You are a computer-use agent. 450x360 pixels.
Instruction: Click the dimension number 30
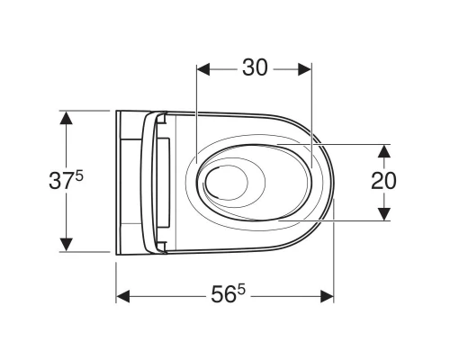pos(255,67)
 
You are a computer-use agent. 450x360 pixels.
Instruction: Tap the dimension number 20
pos(383,181)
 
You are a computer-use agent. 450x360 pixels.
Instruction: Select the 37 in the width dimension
pos(61,181)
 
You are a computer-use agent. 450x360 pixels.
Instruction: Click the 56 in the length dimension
pos(223,294)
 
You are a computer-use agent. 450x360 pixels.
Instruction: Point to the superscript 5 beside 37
pos(79,176)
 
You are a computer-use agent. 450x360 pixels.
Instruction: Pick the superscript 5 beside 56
pos(241,290)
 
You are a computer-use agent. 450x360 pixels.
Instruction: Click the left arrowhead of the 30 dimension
pos(203,69)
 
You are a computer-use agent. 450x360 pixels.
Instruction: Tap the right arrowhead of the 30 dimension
pos(304,69)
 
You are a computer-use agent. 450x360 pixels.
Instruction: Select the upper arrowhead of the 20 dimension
pos(384,151)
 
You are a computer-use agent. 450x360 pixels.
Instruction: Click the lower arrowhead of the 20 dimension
pos(384,214)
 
